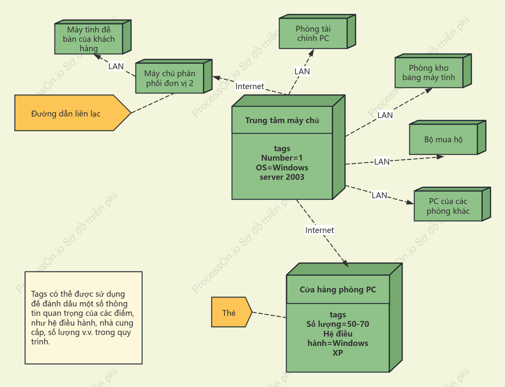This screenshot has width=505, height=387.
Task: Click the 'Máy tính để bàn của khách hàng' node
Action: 93,37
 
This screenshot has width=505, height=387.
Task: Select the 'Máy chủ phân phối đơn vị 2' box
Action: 174,76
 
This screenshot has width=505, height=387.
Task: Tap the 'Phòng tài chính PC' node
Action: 317,32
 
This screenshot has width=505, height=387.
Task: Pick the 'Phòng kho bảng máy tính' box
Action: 433,71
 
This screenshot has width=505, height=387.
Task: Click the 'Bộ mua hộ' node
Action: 447,138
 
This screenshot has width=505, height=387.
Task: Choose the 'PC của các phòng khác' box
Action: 452,204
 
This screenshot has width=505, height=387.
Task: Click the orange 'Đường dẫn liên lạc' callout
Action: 73,113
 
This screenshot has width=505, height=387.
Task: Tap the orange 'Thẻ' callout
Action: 232,312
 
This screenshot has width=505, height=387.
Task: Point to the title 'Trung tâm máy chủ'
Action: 282,120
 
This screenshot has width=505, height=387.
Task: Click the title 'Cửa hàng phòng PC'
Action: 338,290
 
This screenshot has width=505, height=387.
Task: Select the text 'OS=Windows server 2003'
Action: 282,172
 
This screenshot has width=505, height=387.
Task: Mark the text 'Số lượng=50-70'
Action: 338,324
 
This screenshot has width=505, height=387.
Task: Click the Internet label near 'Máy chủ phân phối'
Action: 250,86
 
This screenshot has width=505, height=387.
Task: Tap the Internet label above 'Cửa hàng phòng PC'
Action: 320,230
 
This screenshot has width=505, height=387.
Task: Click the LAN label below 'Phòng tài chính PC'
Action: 302,71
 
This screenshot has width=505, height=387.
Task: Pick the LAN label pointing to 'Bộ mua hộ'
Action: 382,161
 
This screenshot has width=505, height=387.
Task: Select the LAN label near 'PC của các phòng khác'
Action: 379,195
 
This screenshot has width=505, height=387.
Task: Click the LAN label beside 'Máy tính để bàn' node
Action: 116,66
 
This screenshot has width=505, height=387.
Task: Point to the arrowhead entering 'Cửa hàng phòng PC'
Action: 345,263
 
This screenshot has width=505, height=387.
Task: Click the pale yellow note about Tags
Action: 83,318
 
